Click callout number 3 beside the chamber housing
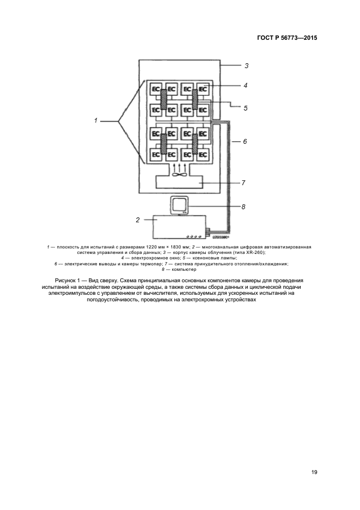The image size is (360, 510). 246,66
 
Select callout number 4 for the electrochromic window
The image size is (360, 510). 246,86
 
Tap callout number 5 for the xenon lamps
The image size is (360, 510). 246,108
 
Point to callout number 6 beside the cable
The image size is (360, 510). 245,142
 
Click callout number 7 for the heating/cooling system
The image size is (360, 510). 244,183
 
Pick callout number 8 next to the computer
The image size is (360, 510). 244,207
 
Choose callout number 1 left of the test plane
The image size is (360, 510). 95,120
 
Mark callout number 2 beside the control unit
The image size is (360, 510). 138,220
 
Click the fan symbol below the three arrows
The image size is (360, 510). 179,175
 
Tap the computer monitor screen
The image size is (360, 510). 179,205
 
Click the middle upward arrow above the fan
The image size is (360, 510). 179,165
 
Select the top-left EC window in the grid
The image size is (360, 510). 155,88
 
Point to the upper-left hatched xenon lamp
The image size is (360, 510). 163,99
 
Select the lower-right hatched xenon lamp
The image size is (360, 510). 194,144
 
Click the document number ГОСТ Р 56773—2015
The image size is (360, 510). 287,38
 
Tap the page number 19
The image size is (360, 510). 314,472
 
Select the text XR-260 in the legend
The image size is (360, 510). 247,253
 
